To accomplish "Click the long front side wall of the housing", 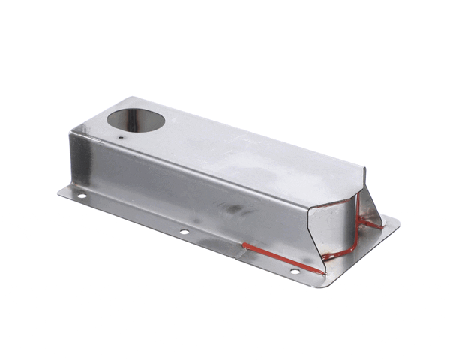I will (187, 187).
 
